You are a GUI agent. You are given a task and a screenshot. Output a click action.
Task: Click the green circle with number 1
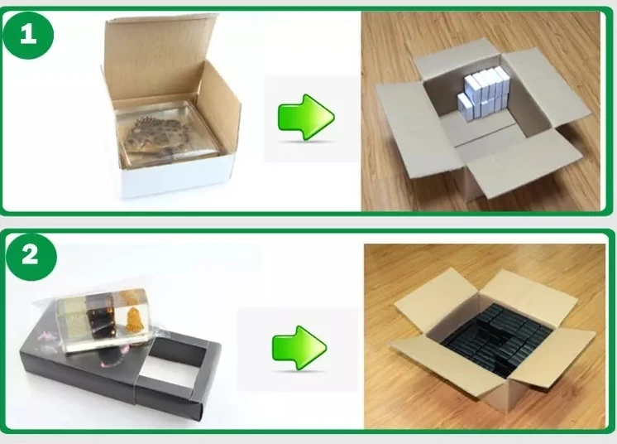click(x=28, y=34)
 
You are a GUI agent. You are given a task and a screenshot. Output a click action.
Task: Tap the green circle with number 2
click(x=31, y=256)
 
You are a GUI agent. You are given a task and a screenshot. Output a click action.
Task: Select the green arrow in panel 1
click(x=306, y=117)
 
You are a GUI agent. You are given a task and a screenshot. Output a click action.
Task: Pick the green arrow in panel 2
click(x=299, y=347)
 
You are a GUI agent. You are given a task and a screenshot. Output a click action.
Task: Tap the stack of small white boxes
click(x=483, y=93)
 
